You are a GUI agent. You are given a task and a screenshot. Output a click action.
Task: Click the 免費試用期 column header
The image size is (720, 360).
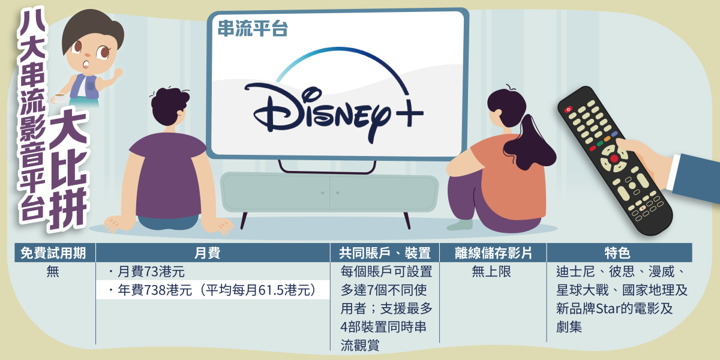click(x=53, y=253)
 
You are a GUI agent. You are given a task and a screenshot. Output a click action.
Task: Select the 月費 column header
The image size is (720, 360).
click(x=208, y=253)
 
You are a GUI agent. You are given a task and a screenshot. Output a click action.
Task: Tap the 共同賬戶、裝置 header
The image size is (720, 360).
click(x=385, y=253)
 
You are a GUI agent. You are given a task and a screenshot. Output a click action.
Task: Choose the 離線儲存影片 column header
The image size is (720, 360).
click(x=493, y=253)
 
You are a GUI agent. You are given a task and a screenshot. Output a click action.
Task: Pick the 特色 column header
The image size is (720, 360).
click(x=617, y=253)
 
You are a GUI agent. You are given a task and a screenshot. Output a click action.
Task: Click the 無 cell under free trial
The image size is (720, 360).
click(x=53, y=272)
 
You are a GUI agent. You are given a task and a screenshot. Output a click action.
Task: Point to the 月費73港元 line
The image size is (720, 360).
click(x=147, y=272)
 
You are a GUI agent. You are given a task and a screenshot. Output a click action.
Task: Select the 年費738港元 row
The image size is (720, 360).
click(x=213, y=290)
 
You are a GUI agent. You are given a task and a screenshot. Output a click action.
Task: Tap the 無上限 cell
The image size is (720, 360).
click(x=491, y=272)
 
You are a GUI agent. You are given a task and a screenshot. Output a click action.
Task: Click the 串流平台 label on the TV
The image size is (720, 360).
click(x=253, y=28)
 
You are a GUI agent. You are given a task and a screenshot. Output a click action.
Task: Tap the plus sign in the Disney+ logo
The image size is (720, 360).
click(x=409, y=113)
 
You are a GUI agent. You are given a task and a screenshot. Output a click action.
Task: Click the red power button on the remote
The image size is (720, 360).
click(x=568, y=110)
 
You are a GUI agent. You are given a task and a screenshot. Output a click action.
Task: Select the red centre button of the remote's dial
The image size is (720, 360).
click(x=614, y=158)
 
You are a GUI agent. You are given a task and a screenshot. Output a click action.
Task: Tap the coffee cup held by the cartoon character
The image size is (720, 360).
click(x=59, y=97)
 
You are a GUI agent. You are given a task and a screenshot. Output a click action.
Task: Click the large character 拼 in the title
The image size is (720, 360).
click(x=68, y=208)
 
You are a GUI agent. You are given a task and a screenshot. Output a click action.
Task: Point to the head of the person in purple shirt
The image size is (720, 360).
click(x=169, y=106)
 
